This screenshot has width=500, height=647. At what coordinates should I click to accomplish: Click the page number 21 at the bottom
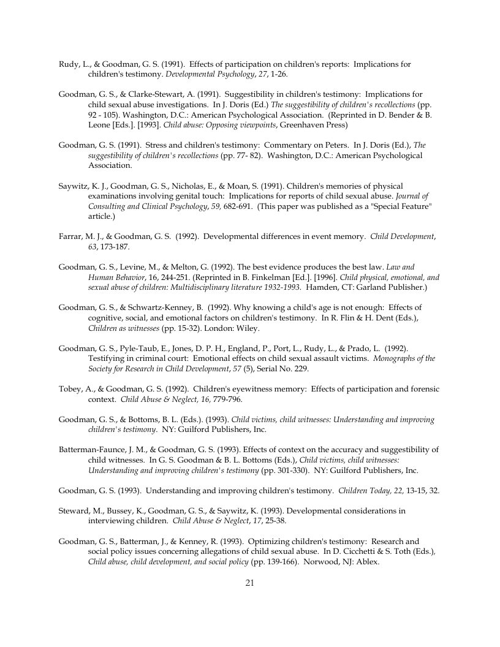(x=249, y=583)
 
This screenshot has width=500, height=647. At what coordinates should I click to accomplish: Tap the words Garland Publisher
(x=388, y=287)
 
